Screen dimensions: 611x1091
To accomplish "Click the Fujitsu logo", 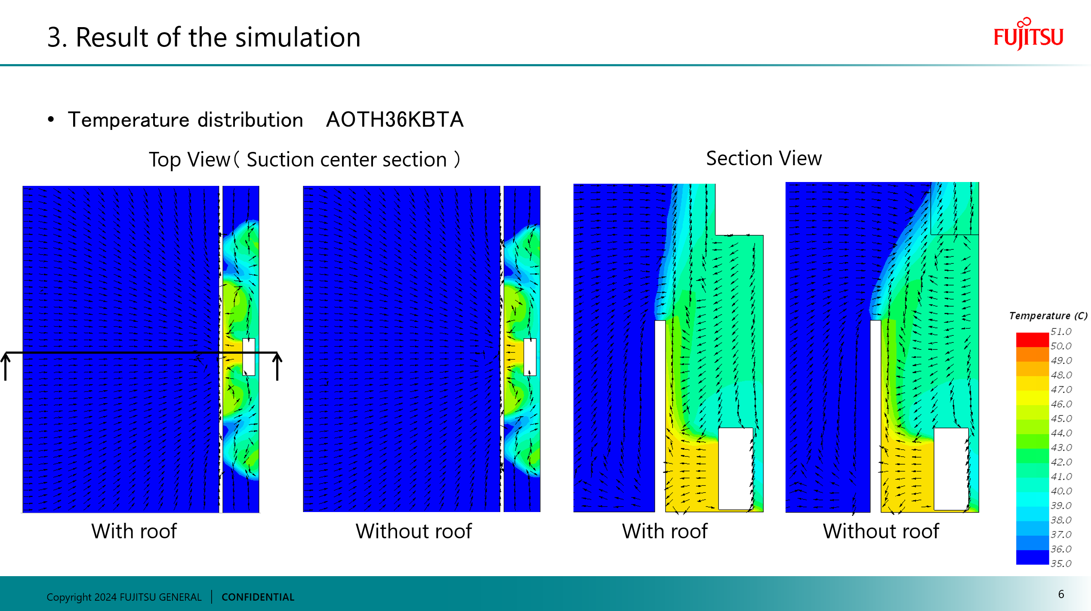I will click(1028, 35).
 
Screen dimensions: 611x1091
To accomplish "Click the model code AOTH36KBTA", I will click(394, 120).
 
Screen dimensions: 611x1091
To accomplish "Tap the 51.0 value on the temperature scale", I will click(1060, 331).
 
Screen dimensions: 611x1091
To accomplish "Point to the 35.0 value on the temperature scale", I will click(1060, 563).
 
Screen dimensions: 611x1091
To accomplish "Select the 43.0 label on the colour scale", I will click(1060, 447).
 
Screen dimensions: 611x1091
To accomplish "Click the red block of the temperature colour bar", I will click(1032, 339).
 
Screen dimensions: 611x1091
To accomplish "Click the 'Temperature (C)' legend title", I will click(1048, 316).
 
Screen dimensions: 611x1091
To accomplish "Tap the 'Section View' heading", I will click(764, 158).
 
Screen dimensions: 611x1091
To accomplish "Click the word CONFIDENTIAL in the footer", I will click(258, 597).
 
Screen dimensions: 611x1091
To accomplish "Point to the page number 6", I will click(1061, 594).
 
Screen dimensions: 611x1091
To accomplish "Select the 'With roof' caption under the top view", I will click(134, 531).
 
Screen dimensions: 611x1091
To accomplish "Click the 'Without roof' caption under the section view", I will click(881, 531).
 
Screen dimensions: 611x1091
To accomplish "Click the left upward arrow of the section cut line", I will click(6, 366).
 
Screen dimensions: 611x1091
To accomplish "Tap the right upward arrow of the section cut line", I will click(277, 366).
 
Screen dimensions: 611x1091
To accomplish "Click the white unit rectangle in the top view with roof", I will click(249, 357).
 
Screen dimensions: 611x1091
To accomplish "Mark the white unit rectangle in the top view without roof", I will click(530, 357).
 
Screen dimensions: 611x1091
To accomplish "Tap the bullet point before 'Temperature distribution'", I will click(51, 119).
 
